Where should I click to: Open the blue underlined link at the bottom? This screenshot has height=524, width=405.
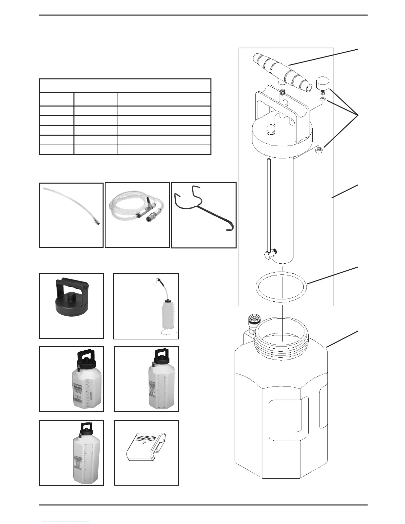click(x=66, y=521)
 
